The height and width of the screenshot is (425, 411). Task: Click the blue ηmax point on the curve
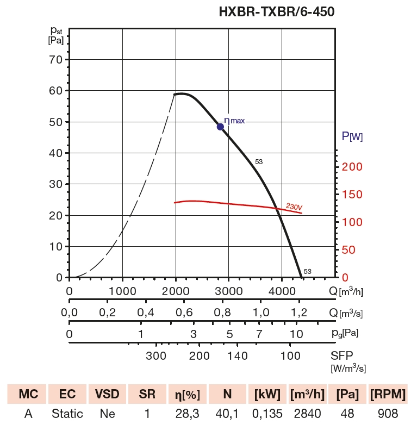tap(220, 127)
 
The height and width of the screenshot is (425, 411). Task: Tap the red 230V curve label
tap(294, 207)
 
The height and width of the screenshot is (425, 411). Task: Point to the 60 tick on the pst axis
tap(57, 90)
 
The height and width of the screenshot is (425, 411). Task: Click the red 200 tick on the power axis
tap(352, 166)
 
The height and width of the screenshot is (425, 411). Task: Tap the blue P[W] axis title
tap(352, 137)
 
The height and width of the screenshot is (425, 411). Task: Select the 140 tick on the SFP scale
tap(238, 356)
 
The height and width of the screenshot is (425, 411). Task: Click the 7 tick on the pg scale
tap(259, 334)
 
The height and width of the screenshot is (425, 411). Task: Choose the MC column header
tap(28, 394)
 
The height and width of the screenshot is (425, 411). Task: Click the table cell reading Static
tap(67, 414)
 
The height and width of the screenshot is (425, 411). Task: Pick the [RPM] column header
tap(388, 394)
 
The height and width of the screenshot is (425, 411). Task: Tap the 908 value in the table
tap(388, 414)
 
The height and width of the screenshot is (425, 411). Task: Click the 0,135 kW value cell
tap(266, 414)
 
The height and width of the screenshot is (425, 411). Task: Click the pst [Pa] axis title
tap(56, 35)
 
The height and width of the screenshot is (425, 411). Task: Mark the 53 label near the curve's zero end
tap(308, 272)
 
